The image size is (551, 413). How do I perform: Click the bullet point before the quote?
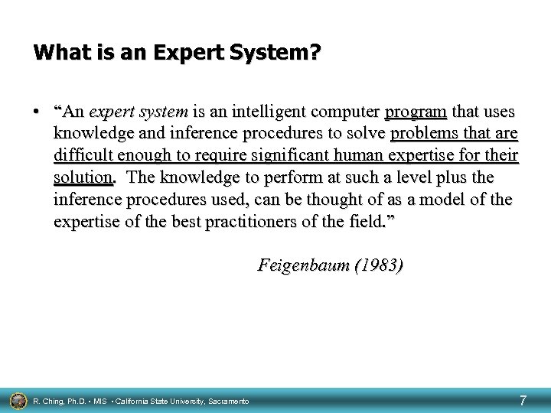coord(37,112)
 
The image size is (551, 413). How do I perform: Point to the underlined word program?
coord(416,112)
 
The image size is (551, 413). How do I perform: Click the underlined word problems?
coord(424,135)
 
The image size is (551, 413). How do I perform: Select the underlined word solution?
coord(83,178)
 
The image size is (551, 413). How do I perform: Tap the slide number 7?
coord(523,399)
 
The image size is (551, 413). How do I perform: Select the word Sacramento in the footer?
coord(227,401)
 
